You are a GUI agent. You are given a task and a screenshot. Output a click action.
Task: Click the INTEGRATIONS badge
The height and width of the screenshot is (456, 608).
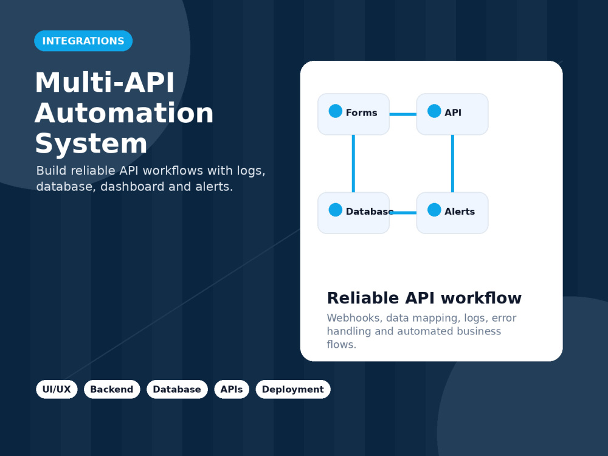[x=83, y=41]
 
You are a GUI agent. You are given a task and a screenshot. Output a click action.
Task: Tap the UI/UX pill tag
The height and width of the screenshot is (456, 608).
[x=57, y=389]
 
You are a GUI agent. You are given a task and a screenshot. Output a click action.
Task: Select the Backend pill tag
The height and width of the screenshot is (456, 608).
[x=112, y=389]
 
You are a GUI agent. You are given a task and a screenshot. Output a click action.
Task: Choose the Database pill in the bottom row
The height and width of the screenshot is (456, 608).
[x=177, y=389]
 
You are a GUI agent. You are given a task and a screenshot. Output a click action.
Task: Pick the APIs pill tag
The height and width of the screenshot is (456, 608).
[x=232, y=389]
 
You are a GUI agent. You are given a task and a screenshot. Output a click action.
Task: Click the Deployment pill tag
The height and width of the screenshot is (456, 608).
[x=293, y=389]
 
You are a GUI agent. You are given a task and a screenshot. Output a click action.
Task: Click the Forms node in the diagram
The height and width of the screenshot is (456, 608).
[x=354, y=114]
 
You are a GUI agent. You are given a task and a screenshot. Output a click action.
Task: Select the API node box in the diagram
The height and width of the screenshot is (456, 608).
[x=452, y=114]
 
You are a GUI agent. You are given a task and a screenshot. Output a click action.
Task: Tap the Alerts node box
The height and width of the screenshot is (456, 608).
[x=452, y=213]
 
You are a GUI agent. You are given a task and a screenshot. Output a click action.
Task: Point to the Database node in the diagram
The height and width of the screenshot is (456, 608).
[x=354, y=213]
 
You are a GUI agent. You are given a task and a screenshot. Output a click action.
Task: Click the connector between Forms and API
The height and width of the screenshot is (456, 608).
[x=403, y=114]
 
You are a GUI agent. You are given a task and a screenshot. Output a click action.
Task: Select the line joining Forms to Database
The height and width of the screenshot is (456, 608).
[x=353, y=164]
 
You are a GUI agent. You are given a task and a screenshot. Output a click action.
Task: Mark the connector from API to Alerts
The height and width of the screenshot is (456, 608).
[x=452, y=164]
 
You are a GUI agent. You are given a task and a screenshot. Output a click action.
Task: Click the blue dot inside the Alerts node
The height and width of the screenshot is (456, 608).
[x=434, y=210]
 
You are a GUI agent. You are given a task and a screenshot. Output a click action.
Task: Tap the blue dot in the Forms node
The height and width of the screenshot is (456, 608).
[x=336, y=111]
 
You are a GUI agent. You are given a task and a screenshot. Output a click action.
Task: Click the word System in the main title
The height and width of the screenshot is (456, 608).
[x=91, y=143]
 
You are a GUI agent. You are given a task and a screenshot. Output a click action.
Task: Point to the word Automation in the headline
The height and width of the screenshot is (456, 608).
[x=124, y=113]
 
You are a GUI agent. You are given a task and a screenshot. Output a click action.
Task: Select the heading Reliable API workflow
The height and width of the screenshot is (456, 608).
[x=424, y=298]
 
